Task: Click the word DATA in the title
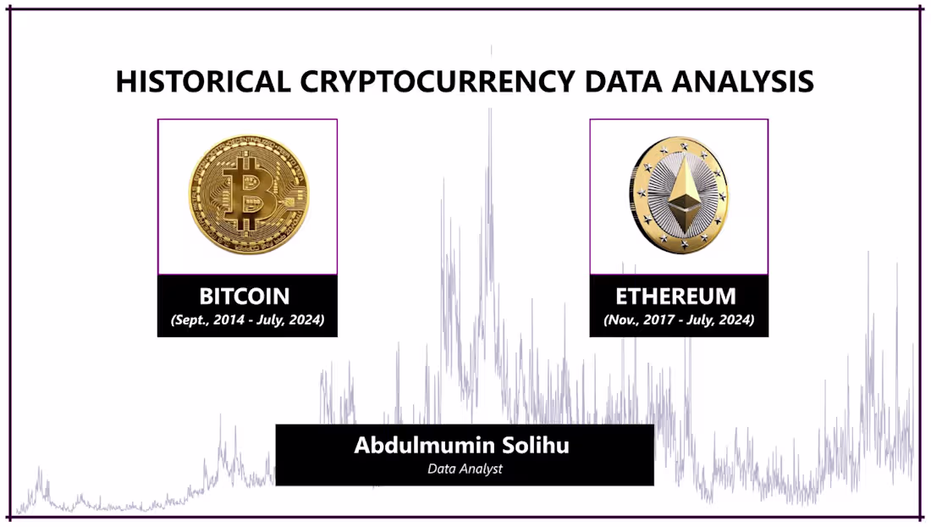(620, 81)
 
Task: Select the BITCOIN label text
(245, 297)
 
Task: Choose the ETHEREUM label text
(675, 297)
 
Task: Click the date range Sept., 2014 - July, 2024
(247, 321)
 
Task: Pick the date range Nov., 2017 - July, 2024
(679, 321)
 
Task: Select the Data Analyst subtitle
(465, 469)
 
